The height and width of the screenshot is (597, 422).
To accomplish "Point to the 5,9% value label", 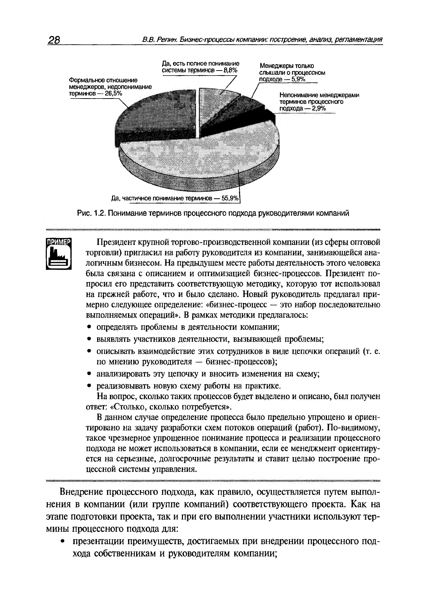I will pos(298,79).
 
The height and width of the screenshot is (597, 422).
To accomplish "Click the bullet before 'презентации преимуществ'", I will pos(62,541).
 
